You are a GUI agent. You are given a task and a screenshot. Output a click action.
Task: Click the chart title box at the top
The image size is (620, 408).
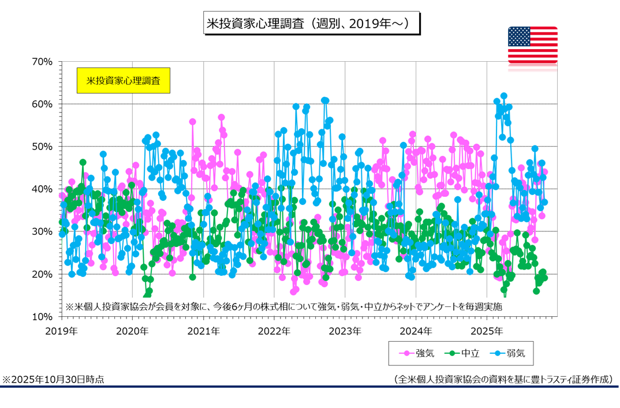tap(311, 24)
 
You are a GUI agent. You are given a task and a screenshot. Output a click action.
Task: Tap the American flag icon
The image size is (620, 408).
tap(532, 45)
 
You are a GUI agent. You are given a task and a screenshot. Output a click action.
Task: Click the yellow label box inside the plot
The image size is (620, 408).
tap(123, 80)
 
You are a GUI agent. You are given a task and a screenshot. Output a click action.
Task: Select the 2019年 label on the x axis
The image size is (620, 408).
tap(61, 331)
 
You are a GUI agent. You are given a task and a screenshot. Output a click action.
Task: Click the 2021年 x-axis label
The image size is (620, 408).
tap(203, 331)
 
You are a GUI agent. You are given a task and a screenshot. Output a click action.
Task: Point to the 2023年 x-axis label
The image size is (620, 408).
tap(345, 331)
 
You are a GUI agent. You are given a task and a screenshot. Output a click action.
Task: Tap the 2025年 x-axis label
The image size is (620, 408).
tap(487, 331)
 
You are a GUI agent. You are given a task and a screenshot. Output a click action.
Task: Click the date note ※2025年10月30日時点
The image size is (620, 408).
tap(54, 379)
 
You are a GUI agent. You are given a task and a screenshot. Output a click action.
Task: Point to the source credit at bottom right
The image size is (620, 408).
tap(502, 379)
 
